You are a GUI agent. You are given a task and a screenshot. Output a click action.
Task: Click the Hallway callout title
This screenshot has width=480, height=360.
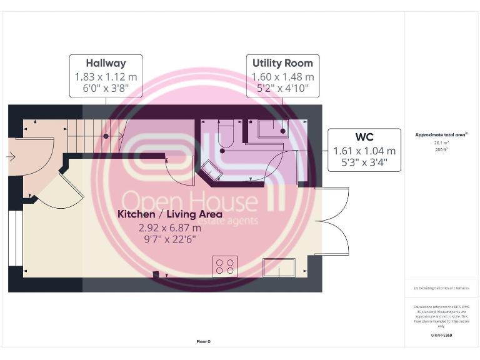(x=106, y=63)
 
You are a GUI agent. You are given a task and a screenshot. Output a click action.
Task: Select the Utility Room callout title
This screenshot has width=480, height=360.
(x=282, y=63)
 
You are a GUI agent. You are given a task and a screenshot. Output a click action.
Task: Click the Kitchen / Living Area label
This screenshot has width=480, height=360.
(x=170, y=214)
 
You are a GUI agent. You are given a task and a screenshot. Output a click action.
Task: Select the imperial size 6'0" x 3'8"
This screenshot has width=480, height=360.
(x=106, y=89)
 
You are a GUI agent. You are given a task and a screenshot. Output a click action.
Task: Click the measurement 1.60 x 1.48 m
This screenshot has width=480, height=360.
(x=282, y=77)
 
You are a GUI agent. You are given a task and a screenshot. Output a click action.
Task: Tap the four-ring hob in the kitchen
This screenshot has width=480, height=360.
(x=225, y=267)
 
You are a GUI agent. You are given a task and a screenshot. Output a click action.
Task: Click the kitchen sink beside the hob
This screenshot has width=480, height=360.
(x=278, y=267)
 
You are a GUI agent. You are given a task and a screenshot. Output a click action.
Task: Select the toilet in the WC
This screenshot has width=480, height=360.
(x=225, y=132)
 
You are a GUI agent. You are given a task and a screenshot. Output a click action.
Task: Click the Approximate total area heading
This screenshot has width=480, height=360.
(x=441, y=135)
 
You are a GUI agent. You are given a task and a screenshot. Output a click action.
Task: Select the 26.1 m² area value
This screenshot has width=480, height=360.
(x=441, y=142)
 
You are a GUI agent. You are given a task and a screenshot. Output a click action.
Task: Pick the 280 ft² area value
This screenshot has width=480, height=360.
(x=441, y=149)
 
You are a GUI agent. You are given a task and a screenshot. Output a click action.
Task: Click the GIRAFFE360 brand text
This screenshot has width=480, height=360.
(x=441, y=336)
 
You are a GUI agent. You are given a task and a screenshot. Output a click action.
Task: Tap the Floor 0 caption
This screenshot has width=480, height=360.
(x=204, y=341)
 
